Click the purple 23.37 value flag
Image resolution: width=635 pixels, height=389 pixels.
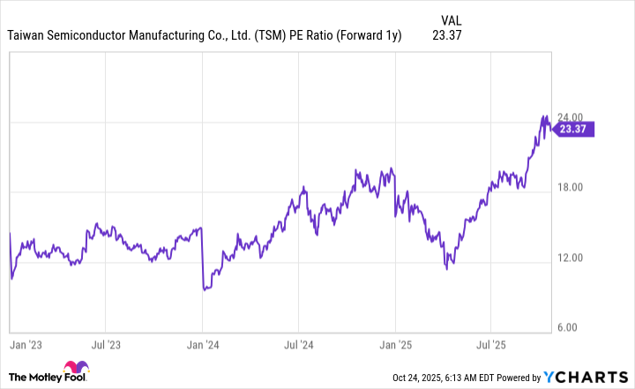click(573, 129)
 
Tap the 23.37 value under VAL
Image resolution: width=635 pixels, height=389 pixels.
click(450, 35)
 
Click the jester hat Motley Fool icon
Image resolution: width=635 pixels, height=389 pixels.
click(77, 371)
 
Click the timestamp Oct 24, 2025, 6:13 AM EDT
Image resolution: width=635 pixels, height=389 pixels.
click(451, 378)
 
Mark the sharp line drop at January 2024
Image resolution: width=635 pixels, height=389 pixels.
click(203, 260)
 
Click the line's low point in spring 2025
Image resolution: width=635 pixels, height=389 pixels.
click(447, 267)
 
